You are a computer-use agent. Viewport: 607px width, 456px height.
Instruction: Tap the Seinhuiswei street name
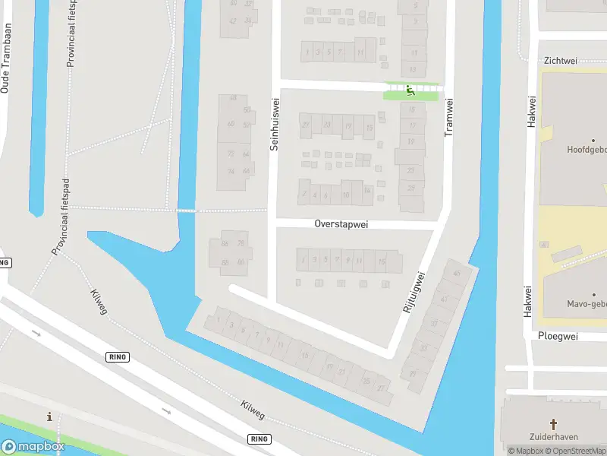[275, 122]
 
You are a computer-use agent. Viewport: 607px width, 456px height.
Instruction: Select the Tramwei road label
[448, 117]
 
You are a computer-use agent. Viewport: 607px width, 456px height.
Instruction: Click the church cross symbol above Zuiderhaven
[554, 424]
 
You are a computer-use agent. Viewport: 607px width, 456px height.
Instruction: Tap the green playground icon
[410, 91]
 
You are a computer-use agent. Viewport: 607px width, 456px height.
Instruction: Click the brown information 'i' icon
[50, 416]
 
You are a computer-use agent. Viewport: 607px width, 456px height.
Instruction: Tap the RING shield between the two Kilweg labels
[118, 356]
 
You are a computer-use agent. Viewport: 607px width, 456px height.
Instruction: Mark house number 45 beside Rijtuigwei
[456, 274]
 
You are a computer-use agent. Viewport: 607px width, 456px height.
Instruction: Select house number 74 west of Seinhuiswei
[231, 171]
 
